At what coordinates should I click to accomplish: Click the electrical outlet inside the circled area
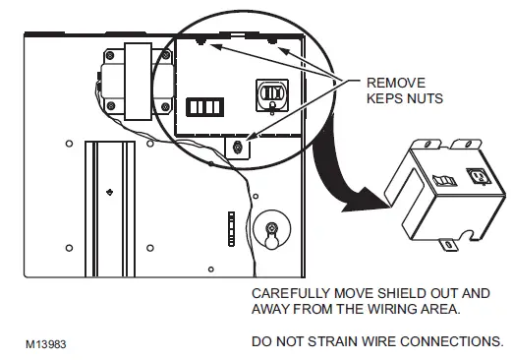(271, 93)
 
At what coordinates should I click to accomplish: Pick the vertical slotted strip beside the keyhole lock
(231, 232)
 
